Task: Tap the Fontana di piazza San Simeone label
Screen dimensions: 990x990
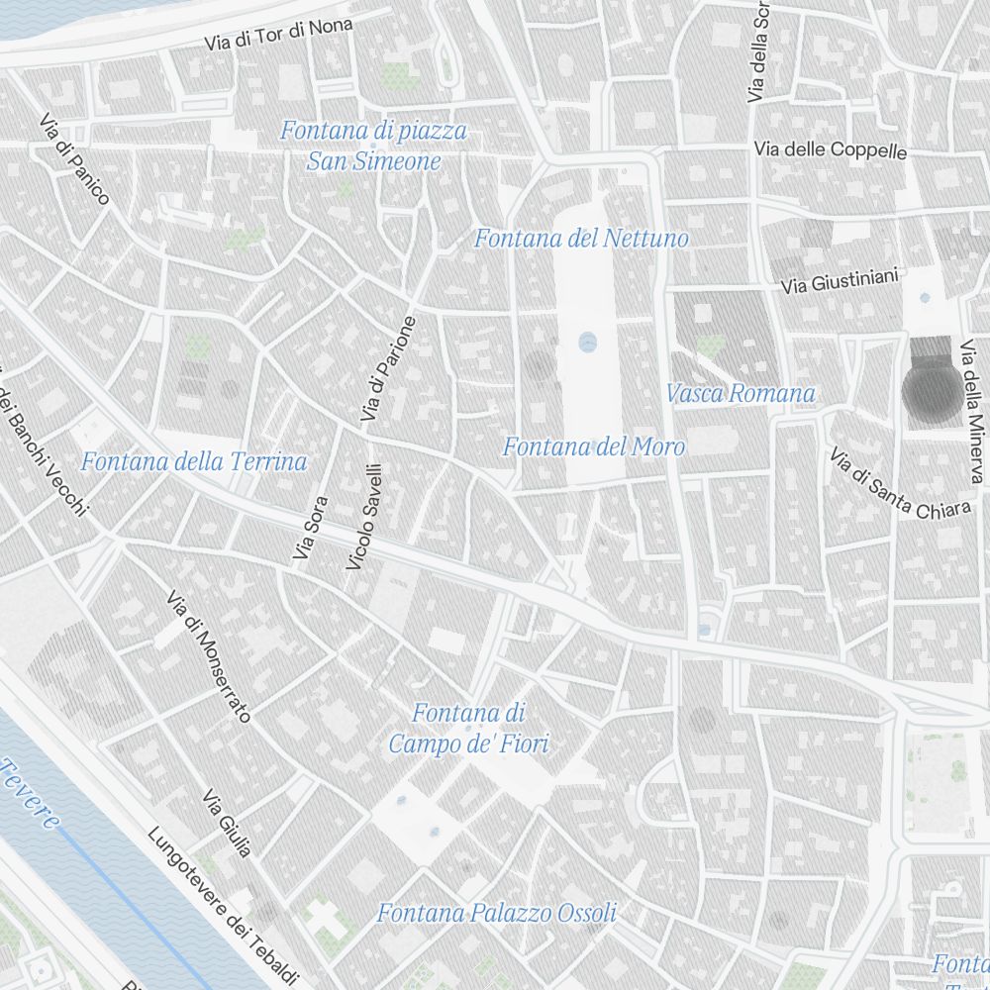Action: [x=373, y=146]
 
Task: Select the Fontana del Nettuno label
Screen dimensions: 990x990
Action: [x=581, y=239]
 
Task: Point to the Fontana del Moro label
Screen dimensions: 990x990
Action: [x=593, y=446]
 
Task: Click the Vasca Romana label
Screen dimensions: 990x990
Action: [x=741, y=393]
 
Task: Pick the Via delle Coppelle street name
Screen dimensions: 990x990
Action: [x=830, y=149]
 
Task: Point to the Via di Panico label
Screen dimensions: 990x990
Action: [x=74, y=159]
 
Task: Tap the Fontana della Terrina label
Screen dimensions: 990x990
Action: [x=194, y=461]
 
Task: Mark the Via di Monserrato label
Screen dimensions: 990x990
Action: [x=209, y=656]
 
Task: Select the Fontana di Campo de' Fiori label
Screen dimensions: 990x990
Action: [x=468, y=728]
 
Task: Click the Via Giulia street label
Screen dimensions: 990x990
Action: [x=227, y=823]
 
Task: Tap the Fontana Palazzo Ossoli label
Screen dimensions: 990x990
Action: [x=496, y=913]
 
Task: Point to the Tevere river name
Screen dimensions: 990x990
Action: [x=30, y=792]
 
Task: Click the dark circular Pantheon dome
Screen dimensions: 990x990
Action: [x=931, y=392]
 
